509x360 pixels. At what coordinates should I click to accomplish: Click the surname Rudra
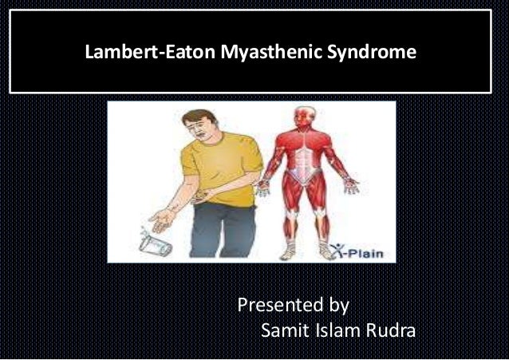click(390, 330)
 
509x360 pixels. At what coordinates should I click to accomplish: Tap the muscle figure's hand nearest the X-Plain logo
click(351, 187)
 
